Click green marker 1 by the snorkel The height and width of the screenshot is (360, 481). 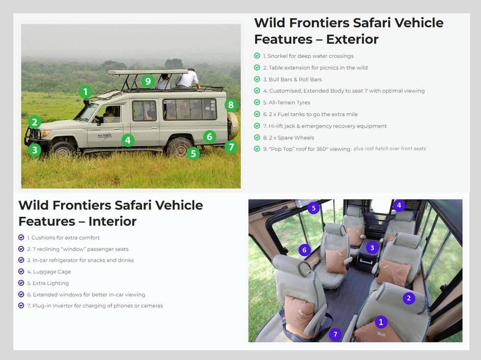point(85,92)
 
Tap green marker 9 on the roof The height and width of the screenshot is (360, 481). point(148,81)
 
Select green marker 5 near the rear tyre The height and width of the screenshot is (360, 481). point(193,153)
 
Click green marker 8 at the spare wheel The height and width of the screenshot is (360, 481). point(231,105)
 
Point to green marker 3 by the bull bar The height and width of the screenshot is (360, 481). point(34,150)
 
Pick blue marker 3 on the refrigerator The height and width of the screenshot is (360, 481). point(372,248)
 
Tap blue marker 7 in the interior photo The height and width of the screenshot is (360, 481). point(335,334)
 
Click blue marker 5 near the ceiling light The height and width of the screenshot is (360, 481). point(314,208)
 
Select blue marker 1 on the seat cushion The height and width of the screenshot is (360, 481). point(380,322)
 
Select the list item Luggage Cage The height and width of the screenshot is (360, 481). point(52,272)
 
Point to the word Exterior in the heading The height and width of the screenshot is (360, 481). point(352,39)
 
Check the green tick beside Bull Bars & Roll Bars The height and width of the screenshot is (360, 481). point(257,79)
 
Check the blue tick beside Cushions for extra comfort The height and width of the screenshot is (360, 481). point(21,237)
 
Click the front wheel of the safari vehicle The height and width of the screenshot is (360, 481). point(63,149)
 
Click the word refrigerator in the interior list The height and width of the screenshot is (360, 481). point(77,260)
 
